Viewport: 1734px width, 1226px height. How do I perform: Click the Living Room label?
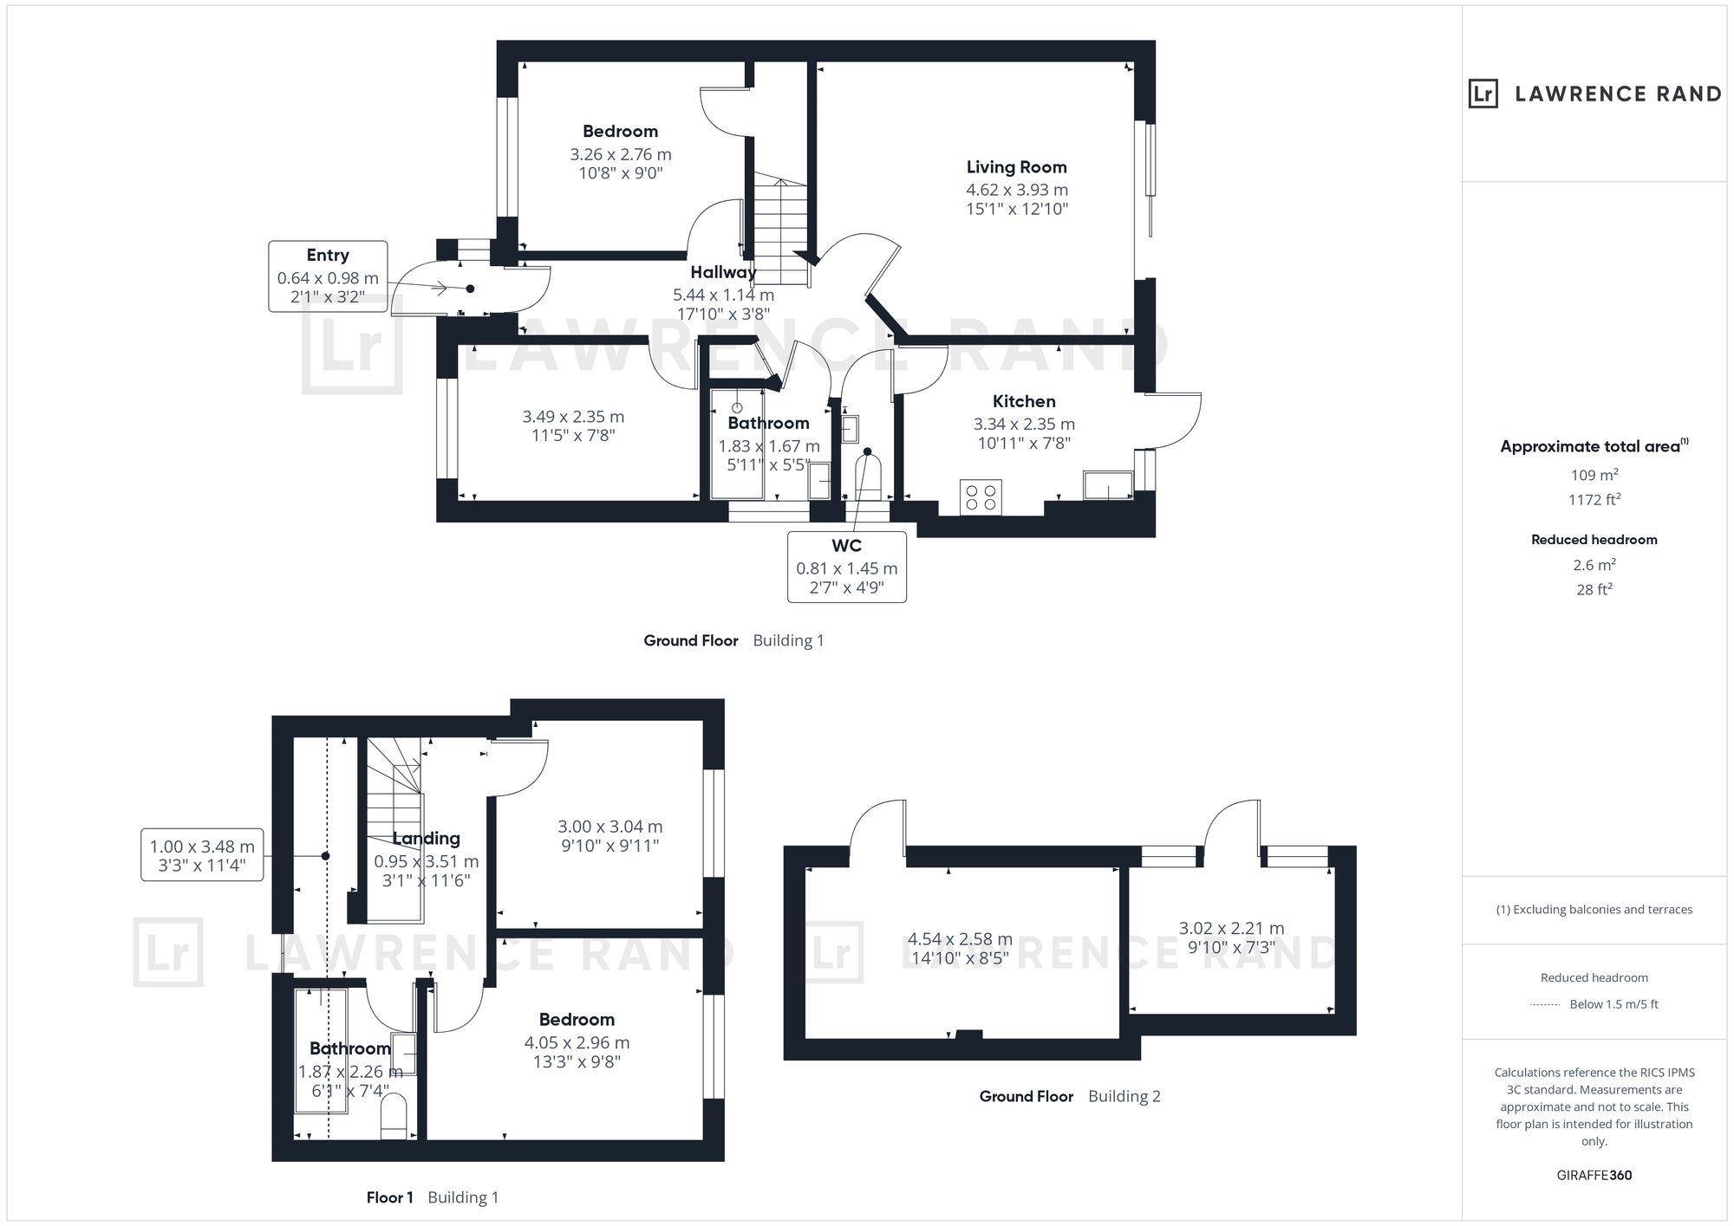coord(1016,167)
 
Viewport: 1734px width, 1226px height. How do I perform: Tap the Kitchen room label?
coord(1024,401)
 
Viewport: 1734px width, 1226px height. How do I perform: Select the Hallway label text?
coord(723,272)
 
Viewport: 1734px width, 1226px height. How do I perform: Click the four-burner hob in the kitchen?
coord(981,497)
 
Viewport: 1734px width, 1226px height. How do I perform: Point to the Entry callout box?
coord(328,276)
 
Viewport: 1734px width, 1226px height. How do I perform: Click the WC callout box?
coord(847,567)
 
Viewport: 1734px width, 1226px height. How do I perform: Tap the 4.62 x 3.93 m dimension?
coord(1017,190)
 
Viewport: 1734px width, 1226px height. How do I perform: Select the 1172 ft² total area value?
coord(1594,499)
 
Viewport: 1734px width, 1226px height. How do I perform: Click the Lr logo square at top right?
coord(1483,94)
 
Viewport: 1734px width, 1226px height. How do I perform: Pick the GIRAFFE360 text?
coord(1594,1175)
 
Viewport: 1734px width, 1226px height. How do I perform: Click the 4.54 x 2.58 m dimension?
coord(960,939)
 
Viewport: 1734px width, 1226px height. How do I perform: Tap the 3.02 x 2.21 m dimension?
coord(1231,928)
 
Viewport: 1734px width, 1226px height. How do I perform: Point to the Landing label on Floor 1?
coord(426,838)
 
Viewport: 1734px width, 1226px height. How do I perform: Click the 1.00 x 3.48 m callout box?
coord(202,855)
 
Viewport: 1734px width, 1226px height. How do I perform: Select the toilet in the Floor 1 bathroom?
coord(394,1116)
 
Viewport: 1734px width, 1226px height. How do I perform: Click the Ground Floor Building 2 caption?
coord(1070,1096)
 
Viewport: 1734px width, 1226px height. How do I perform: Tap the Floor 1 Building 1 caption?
coord(432,1197)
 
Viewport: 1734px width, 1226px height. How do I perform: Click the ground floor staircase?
coord(781,229)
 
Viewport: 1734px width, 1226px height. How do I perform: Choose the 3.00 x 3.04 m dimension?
coord(610,827)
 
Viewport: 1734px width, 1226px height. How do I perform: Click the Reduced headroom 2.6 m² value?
coord(1594,564)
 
